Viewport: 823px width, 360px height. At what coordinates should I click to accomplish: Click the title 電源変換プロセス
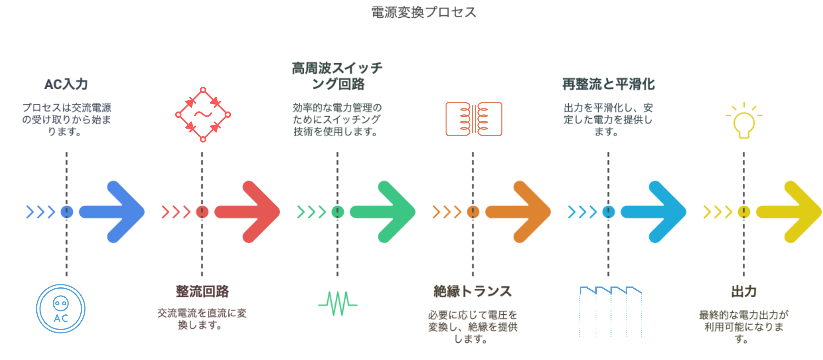(x=423, y=12)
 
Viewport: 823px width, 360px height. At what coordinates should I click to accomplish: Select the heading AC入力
(x=66, y=84)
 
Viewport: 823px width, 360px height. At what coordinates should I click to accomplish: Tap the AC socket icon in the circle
(x=61, y=309)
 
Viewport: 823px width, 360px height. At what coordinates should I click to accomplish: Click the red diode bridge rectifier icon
(x=203, y=114)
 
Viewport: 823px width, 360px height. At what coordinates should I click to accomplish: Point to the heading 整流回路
(x=202, y=291)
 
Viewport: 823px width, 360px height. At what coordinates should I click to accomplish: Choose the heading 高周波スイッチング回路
(x=337, y=76)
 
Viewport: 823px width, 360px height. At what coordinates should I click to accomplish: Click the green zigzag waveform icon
(x=338, y=303)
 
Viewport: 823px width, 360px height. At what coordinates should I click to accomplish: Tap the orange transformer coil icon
(x=474, y=119)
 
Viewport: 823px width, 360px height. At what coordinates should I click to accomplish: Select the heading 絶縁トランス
(x=473, y=291)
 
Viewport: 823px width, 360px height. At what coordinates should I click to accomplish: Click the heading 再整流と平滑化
(x=608, y=84)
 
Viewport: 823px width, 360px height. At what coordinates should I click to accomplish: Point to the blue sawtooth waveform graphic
(x=610, y=310)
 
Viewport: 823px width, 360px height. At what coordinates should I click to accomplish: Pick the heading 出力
(x=744, y=291)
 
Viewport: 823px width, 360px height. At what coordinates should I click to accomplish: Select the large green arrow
(x=384, y=212)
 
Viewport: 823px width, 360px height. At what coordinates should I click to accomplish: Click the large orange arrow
(x=519, y=212)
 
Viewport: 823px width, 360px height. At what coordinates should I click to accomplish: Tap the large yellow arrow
(x=790, y=212)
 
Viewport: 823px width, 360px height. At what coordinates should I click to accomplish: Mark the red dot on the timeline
(x=202, y=212)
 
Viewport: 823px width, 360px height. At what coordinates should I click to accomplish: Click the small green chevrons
(x=311, y=212)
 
